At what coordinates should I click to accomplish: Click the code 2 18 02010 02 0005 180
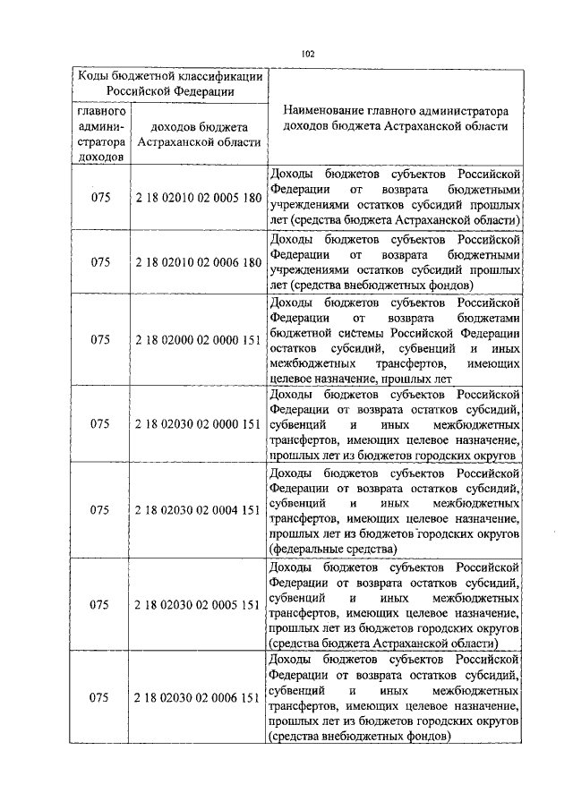click(198, 196)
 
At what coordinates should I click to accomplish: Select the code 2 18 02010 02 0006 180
click(198, 263)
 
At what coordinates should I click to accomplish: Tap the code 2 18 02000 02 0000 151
click(198, 340)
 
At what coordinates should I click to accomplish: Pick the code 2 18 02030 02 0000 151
click(198, 424)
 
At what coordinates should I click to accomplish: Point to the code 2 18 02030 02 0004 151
click(198, 509)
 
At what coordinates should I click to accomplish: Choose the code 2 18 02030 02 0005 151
click(198, 603)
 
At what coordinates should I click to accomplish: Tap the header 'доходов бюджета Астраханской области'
click(200, 134)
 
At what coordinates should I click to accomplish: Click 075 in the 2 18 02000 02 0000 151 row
click(100, 340)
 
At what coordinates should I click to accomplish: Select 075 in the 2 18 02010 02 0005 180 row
click(100, 196)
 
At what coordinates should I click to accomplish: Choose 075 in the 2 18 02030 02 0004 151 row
click(100, 509)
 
